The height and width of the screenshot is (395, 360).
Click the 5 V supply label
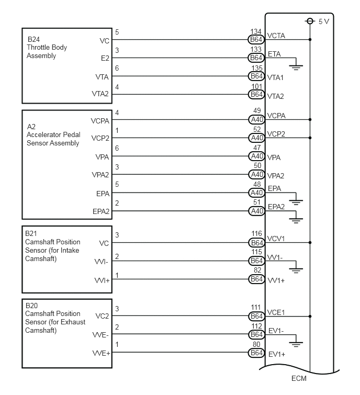point(324,21)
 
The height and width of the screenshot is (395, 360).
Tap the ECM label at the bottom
point(299,378)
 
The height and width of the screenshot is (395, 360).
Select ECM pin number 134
point(256,31)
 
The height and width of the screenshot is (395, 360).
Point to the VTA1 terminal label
point(275,77)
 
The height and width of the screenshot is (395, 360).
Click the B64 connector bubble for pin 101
point(256,95)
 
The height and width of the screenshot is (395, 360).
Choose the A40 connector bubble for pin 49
point(256,120)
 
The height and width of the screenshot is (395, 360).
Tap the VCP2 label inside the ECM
point(276,134)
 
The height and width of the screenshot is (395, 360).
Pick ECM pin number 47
point(257,148)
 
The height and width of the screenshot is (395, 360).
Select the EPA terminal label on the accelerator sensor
point(103,194)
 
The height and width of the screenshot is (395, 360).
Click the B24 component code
point(33,39)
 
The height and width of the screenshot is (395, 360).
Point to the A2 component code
point(31,127)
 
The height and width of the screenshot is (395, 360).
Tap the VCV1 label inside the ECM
point(276,239)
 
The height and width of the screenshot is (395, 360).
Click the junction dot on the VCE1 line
point(310,317)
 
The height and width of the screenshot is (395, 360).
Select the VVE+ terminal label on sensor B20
point(102,354)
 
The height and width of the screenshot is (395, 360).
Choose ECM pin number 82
point(257,270)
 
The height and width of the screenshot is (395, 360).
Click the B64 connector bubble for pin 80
point(256,353)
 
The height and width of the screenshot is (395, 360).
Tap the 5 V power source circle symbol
point(310,21)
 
